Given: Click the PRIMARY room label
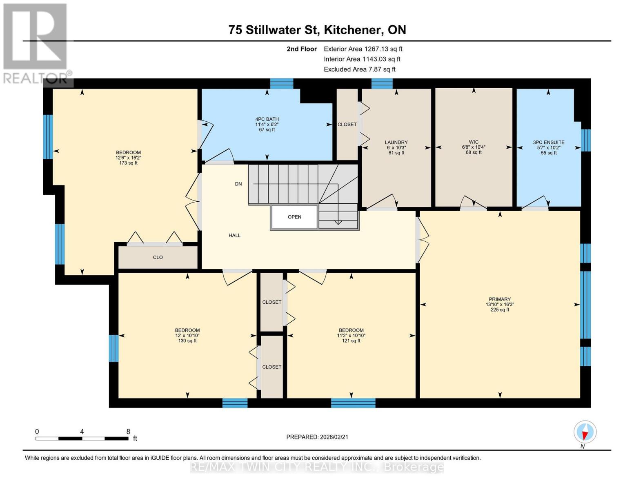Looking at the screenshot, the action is point(500,299).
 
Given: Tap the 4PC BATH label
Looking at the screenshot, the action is point(267,119).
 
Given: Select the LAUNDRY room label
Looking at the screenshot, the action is point(396,143).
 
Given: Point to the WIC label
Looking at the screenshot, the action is point(474,142).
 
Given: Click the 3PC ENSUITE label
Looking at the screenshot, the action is point(549,143).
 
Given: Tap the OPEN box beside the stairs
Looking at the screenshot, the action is point(294,217).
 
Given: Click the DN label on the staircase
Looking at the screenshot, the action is point(238,184).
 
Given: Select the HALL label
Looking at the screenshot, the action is point(235,236).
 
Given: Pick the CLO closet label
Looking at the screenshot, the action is point(158,257).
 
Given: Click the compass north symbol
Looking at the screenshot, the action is point(585,432).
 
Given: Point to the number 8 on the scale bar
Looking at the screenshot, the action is point(128,431).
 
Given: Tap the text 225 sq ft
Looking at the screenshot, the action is point(500,310).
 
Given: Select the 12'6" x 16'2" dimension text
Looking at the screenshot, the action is point(128,158).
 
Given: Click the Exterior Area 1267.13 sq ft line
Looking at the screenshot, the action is point(363,49).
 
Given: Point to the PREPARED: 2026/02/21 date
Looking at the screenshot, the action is point(317,437).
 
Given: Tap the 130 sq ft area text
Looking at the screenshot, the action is point(187,341).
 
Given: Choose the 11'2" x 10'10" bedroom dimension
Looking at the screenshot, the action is point(351,336).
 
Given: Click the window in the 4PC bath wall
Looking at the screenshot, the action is point(282,83).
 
